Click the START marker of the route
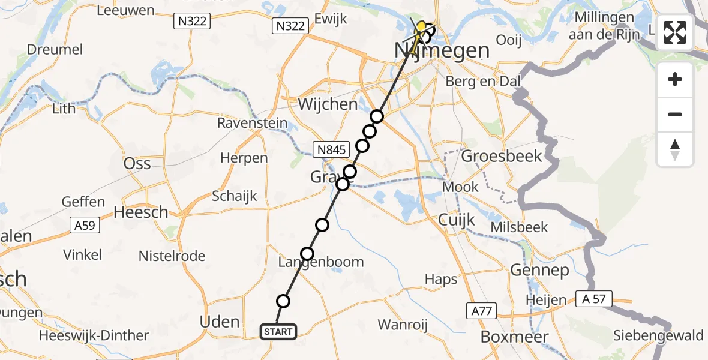278,331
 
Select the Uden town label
220,322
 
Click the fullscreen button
675,32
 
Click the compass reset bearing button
675,149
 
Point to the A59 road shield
85,226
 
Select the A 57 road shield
593,299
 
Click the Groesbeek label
502,157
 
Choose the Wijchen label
328,104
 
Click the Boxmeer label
515,337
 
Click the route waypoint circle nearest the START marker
283,301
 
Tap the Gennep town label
539,271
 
